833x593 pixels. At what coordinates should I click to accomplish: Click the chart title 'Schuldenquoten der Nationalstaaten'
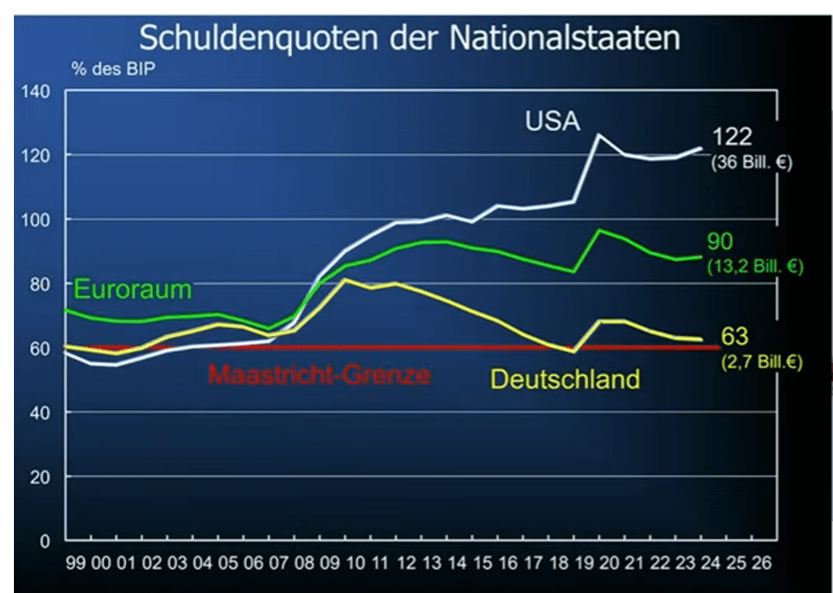(x=409, y=38)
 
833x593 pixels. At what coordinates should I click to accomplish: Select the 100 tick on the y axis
(x=38, y=219)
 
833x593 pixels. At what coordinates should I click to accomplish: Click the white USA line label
(x=552, y=121)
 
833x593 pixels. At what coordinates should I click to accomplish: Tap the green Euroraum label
(x=132, y=290)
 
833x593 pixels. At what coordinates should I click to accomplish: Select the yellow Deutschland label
(x=565, y=379)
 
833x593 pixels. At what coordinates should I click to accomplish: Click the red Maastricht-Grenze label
(x=319, y=375)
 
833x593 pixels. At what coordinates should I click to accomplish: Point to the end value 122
(x=732, y=139)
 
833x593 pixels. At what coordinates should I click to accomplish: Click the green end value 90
(x=720, y=242)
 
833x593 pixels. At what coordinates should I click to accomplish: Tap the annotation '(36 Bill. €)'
(x=752, y=161)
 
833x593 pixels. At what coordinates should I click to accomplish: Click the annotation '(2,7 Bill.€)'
(x=761, y=361)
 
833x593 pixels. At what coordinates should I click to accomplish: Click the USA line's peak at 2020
(x=598, y=135)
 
